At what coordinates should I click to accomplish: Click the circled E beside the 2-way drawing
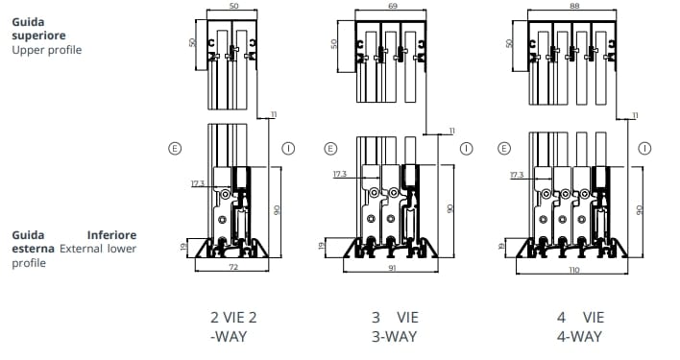(174, 149)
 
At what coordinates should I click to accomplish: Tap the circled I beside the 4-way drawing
(643, 149)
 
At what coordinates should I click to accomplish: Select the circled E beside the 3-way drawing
(331, 149)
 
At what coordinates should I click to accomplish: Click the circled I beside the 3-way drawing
(467, 149)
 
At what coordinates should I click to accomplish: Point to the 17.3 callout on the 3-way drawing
(340, 175)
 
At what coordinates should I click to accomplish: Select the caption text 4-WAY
(579, 336)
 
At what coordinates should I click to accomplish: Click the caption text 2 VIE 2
(233, 317)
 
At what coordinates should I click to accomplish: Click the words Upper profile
(47, 49)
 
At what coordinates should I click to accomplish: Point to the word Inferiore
(111, 234)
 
